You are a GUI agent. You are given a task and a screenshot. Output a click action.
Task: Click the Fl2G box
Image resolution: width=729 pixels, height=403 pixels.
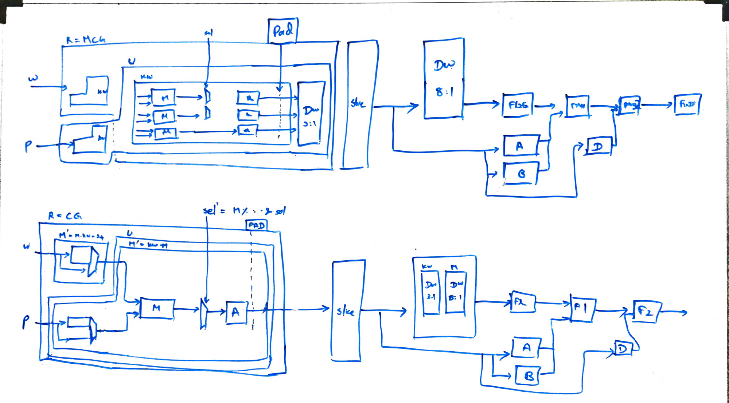518,105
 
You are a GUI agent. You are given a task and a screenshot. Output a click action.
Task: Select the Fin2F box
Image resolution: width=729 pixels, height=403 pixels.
687,104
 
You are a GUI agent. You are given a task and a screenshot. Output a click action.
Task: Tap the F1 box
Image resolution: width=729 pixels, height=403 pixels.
582,309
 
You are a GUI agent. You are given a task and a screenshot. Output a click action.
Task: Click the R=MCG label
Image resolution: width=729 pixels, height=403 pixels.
86,39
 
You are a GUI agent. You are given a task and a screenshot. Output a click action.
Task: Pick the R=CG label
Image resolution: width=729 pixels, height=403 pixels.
65,216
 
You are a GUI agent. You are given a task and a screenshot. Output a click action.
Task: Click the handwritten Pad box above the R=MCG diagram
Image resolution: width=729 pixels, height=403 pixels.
283,31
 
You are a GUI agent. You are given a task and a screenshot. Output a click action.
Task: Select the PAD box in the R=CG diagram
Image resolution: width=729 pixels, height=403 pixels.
256,226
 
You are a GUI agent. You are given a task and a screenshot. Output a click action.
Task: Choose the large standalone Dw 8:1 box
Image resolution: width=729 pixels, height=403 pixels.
444,79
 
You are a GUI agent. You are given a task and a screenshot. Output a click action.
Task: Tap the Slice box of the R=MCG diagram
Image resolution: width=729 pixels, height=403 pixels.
358,104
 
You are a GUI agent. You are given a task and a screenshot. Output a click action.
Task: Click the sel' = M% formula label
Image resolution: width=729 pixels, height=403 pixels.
244,210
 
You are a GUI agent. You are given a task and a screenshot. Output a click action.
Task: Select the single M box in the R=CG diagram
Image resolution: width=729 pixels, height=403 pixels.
157,309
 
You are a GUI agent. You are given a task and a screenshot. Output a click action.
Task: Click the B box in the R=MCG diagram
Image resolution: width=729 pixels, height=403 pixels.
521,174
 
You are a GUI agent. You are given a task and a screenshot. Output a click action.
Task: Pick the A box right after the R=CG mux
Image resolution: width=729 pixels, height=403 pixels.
236,312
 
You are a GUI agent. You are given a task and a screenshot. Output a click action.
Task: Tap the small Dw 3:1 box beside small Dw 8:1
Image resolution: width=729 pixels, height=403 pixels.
431,292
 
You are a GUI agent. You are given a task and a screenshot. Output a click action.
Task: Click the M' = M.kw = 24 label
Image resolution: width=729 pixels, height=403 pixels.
81,236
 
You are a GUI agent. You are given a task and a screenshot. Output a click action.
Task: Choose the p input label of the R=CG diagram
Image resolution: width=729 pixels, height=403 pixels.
26,322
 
